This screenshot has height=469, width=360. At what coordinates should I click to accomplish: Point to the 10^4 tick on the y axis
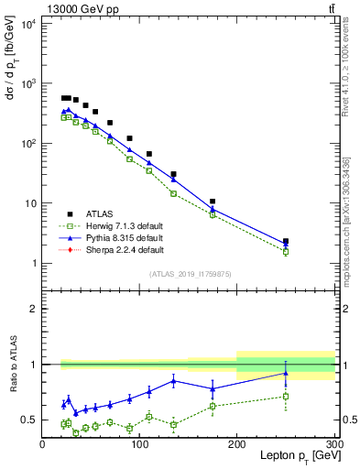point(28,24)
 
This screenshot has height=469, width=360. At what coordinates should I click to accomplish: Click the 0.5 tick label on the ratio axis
point(29,420)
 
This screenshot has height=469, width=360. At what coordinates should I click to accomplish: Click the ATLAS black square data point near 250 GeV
point(286,242)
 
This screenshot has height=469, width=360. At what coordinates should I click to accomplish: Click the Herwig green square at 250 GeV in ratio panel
point(286,397)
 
